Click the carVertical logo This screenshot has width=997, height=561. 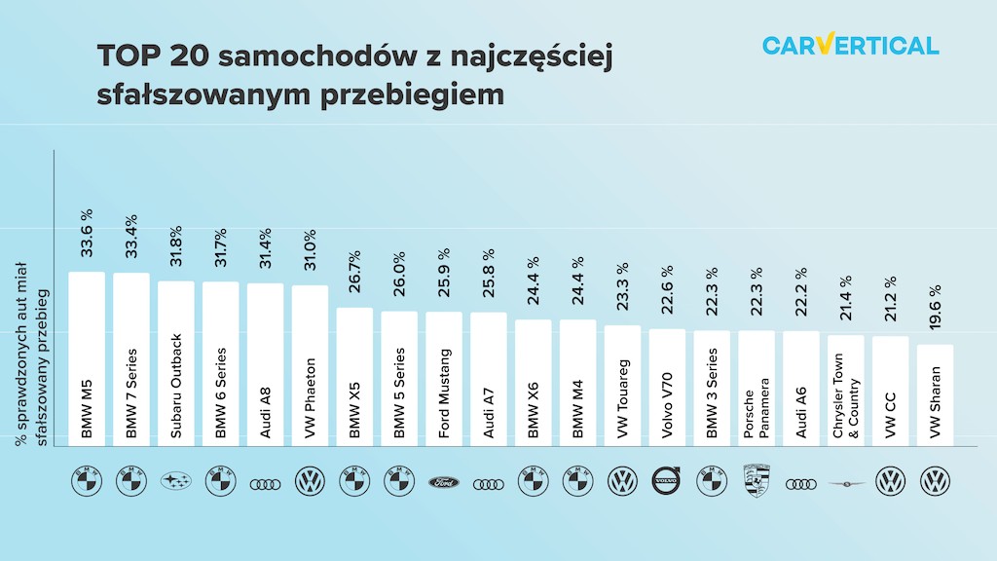850,45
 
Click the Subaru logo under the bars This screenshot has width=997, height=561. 176,482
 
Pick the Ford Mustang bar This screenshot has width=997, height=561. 444,380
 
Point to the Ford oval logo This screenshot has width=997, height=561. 444,482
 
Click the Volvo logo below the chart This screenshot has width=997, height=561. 668,481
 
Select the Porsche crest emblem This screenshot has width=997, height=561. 757,481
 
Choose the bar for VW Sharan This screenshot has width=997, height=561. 936,394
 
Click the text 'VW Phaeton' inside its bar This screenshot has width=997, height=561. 311,398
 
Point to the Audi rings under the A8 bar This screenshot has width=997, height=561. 266,483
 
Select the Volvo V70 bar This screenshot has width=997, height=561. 668,388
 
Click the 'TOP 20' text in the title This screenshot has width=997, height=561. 151,56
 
